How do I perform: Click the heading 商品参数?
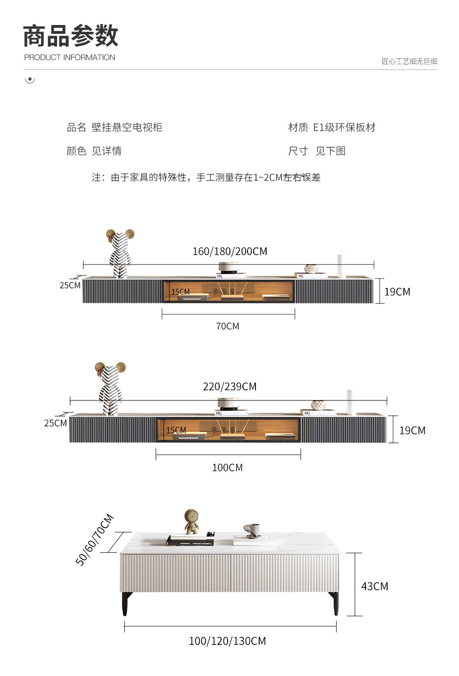pyautogui.click(x=70, y=36)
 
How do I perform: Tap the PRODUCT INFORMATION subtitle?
pyautogui.click(x=70, y=57)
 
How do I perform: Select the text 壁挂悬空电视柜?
pyautogui.click(x=127, y=127)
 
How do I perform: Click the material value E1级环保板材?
pyautogui.click(x=344, y=127)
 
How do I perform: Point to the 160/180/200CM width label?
pyautogui.click(x=229, y=252)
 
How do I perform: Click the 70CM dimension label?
pyautogui.click(x=228, y=326)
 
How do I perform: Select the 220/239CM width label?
pyautogui.click(x=229, y=386)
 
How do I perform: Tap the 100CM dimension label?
pyautogui.click(x=227, y=468)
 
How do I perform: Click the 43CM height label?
pyautogui.click(x=375, y=586)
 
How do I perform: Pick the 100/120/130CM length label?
pyautogui.click(x=227, y=641)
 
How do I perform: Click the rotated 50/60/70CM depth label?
pyautogui.click(x=95, y=540)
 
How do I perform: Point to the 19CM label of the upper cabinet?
pyautogui.click(x=397, y=291)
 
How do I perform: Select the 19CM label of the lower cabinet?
pyautogui.click(x=412, y=430)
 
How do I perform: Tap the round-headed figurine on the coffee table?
pyautogui.click(x=191, y=522)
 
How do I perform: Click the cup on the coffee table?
pyautogui.click(x=252, y=530)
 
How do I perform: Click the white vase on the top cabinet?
pyautogui.click(x=341, y=265)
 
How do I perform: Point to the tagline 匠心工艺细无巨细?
pyautogui.click(x=409, y=61)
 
